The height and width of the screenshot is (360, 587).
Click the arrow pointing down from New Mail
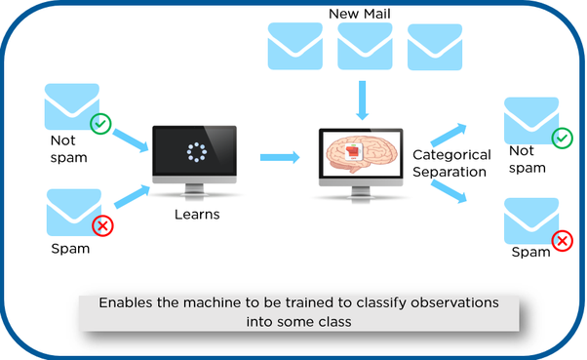[x=363, y=100]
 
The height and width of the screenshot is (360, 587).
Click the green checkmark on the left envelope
[x=100, y=124]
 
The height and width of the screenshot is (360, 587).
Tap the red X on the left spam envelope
[x=100, y=226]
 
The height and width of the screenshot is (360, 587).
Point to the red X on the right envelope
[x=562, y=241]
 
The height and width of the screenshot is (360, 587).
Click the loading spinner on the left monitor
[x=195, y=152]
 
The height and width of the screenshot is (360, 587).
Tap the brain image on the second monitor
[x=362, y=154]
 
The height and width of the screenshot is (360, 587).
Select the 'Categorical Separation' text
[x=449, y=163]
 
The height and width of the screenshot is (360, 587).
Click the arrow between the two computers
[x=279, y=156]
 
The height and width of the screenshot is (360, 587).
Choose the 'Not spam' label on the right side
[x=523, y=159]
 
